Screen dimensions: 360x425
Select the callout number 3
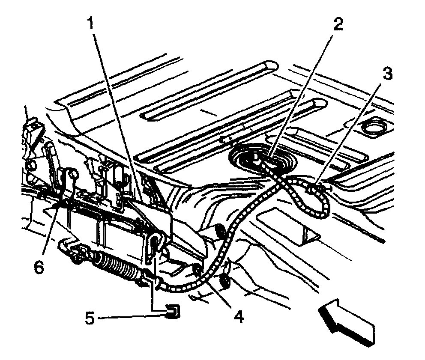(x=387, y=74)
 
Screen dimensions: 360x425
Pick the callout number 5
(x=89, y=319)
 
